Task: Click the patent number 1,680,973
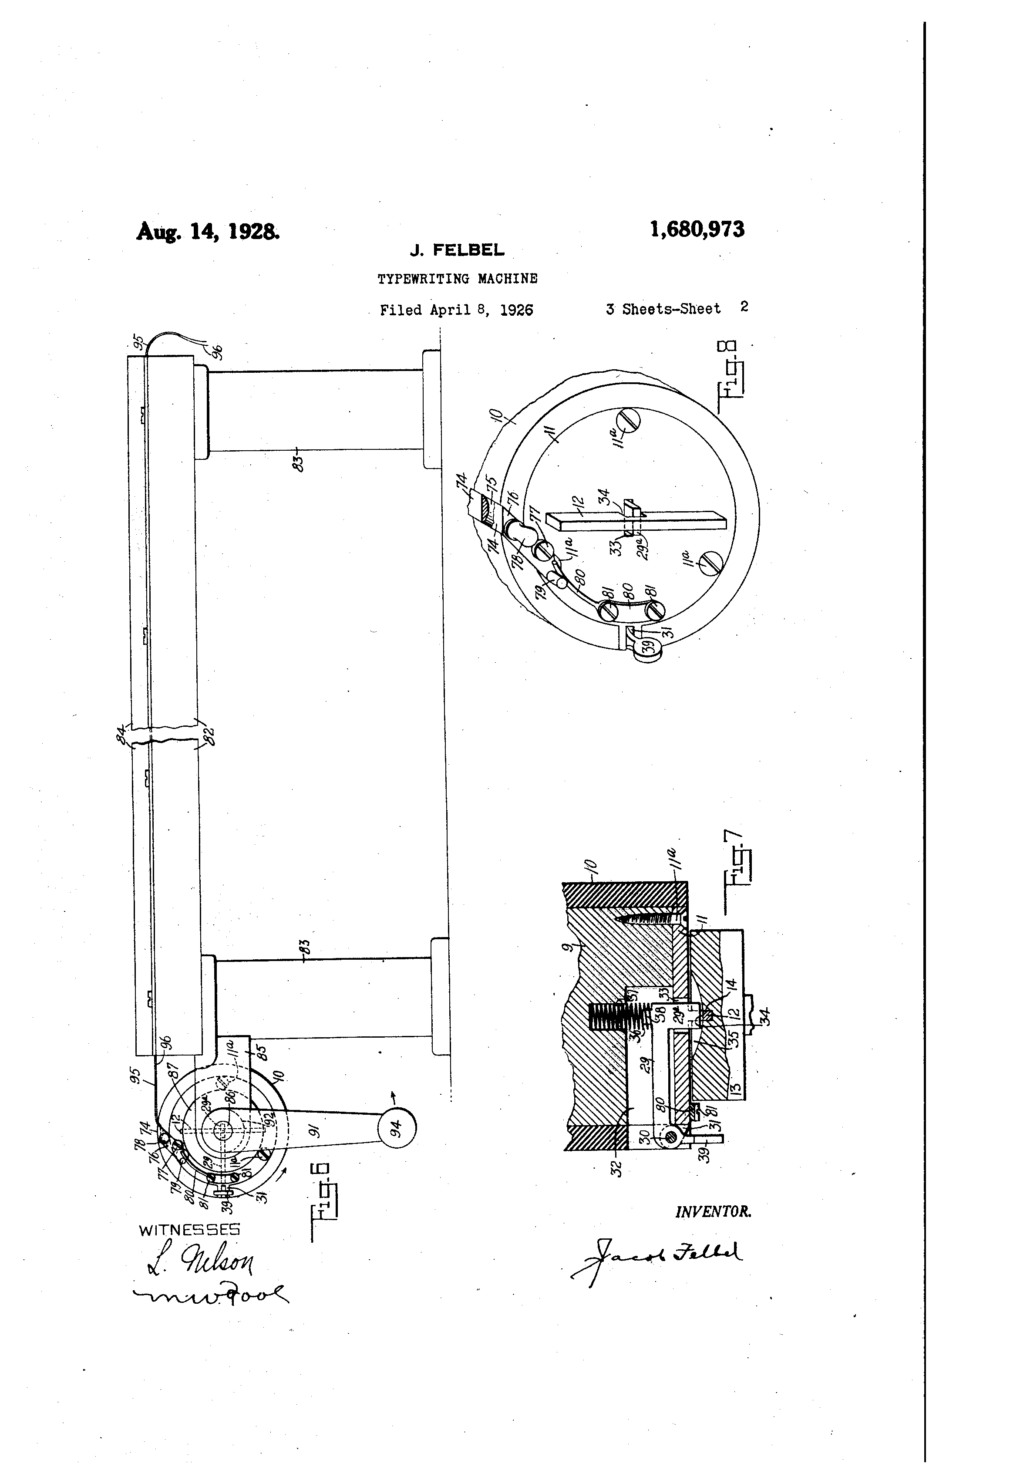(697, 229)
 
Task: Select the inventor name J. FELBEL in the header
(457, 251)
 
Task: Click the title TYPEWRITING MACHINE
(457, 279)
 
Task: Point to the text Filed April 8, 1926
(457, 310)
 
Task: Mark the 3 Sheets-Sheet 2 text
(677, 308)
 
